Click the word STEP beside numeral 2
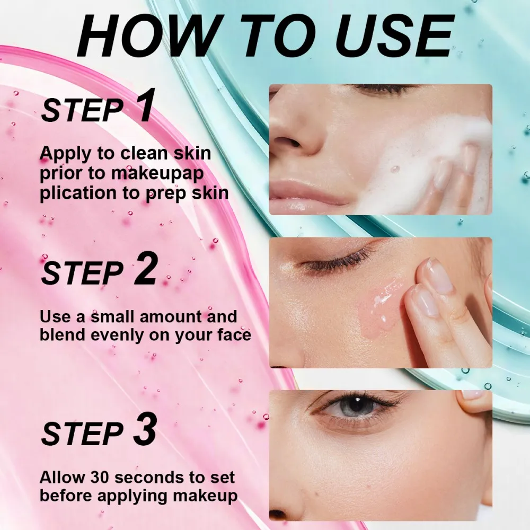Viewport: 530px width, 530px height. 82,273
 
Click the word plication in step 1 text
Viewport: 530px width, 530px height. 76,193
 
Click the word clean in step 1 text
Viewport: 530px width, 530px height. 140,154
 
